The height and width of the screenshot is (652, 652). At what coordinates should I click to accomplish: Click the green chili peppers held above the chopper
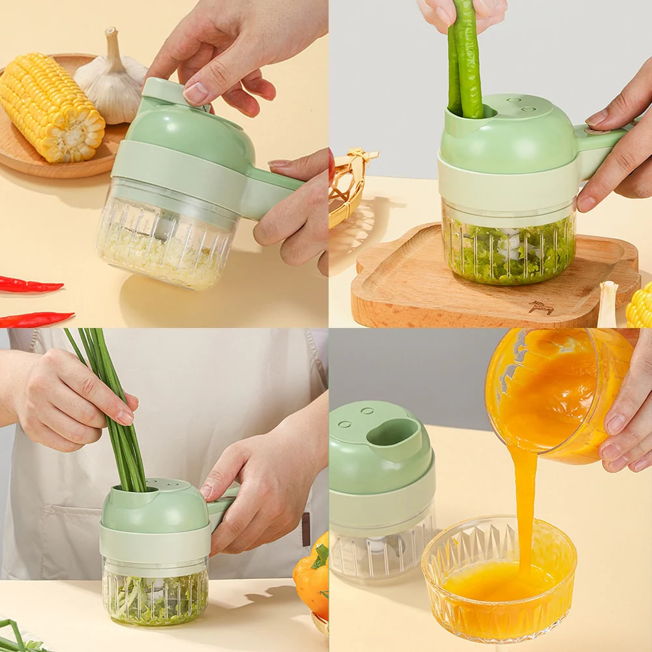(x=466, y=59)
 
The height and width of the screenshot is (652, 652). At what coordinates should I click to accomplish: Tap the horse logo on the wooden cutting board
(x=541, y=307)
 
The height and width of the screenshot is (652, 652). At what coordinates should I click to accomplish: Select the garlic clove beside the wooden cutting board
(x=608, y=303)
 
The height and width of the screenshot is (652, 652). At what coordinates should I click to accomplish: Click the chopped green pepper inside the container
(x=509, y=254)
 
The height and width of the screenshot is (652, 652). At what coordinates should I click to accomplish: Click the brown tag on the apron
(x=306, y=529)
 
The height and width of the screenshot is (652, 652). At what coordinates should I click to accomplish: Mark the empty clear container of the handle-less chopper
(x=381, y=554)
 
